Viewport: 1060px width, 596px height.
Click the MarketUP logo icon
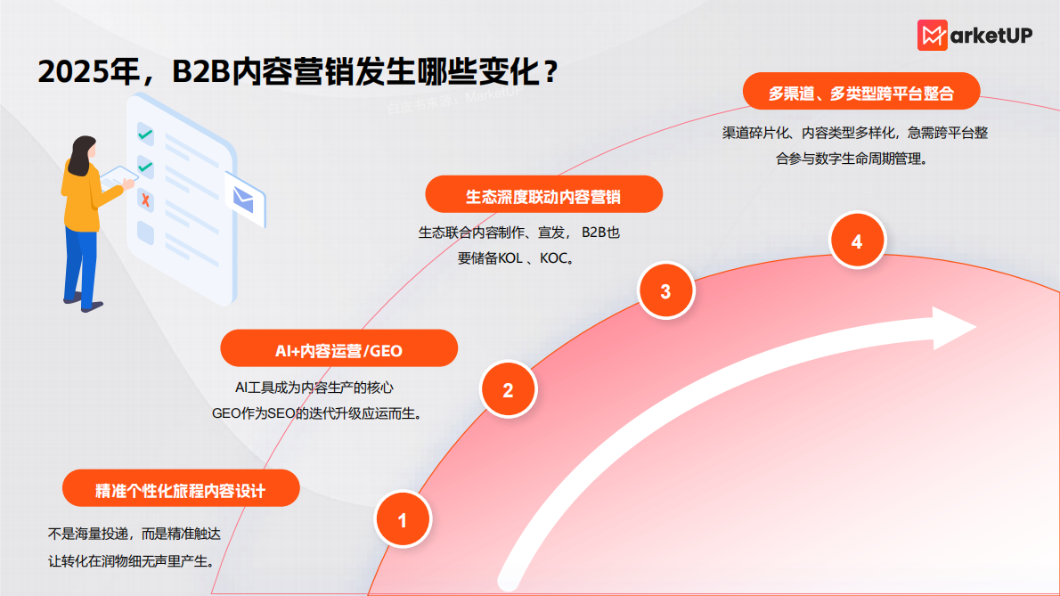[x=932, y=35]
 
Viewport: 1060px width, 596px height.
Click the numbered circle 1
[x=403, y=519]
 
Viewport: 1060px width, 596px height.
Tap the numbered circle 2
[x=508, y=389]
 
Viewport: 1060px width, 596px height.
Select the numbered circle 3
[x=665, y=290]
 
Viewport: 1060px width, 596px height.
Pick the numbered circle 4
[x=857, y=241]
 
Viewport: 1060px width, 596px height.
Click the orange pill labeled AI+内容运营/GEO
[x=338, y=349]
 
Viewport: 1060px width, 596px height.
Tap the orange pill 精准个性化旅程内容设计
[x=181, y=489]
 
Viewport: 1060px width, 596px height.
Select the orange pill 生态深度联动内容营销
[x=543, y=195]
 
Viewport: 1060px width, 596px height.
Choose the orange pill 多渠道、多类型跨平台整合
[x=861, y=93]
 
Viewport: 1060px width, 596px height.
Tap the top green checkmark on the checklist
[x=145, y=135]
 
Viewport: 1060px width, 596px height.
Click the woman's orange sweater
[x=81, y=192]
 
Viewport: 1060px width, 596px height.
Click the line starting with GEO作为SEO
[x=315, y=413]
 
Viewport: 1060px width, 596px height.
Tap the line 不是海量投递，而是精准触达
[x=134, y=535]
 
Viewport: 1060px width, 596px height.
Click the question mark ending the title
[x=550, y=72]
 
